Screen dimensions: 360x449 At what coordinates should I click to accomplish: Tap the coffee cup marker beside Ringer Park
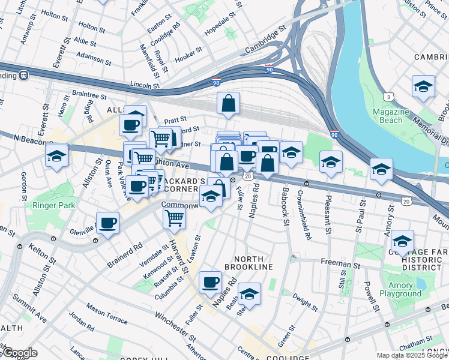(108, 224)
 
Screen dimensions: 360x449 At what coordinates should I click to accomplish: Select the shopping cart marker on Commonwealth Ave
(174, 218)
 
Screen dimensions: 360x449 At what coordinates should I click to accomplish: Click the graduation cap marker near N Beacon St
(57, 156)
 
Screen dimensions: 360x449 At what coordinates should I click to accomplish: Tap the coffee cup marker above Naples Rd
(210, 281)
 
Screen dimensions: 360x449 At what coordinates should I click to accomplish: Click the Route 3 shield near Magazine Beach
(390, 96)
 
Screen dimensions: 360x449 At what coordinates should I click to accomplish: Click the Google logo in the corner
(19, 353)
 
